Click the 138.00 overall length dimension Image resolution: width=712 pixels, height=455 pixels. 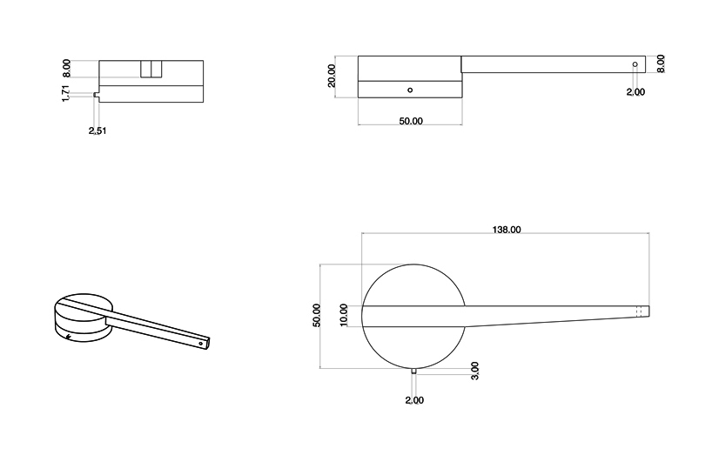point(506,230)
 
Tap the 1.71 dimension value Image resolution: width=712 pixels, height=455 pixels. point(65,94)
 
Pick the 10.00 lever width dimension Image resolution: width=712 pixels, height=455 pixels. point(344,314)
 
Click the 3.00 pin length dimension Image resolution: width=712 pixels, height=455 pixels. point(474,371)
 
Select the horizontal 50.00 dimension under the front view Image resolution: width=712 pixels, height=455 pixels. point(410,122)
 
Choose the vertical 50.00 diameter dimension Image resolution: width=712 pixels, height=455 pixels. point(316,315)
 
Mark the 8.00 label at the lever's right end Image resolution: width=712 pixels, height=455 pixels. point(661,64)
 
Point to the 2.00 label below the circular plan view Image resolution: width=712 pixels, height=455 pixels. point(413,400)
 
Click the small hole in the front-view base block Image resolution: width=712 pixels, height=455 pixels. point(410,90)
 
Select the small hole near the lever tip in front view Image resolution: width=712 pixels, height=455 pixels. point(635,65)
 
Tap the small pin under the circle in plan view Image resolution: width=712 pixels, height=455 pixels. point(413,371)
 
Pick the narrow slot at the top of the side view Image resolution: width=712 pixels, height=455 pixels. point(151,70)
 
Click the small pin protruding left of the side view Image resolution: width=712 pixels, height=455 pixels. point(96,95)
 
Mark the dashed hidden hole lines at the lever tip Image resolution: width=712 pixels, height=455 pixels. point(641,311)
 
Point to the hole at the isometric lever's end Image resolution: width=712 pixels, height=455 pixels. point(201,343)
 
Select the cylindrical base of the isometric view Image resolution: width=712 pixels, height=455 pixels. point(80,322)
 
